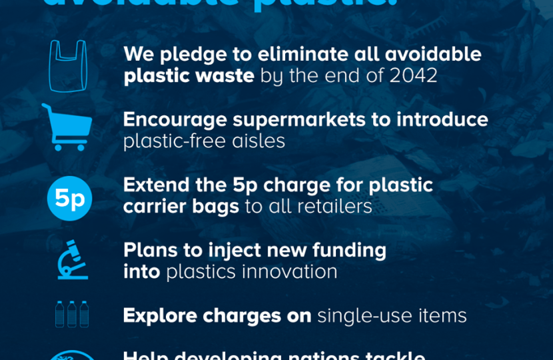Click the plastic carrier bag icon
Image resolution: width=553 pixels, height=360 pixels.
[x=68, y=65]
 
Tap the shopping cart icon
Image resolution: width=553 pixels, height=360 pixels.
[x=67, y=127]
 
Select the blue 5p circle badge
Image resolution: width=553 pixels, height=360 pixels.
[x=69, y=198]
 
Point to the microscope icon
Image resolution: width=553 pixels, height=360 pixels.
[x=69, y=260]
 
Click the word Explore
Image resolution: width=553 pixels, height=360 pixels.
[x=159, y=315]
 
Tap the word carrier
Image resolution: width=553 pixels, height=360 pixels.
[x=155, y=206]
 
